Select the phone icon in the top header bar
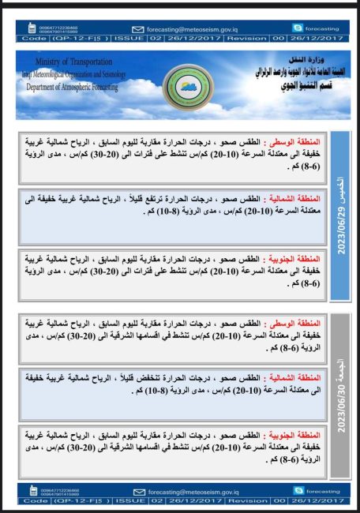33,28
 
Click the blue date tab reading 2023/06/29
338,215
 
